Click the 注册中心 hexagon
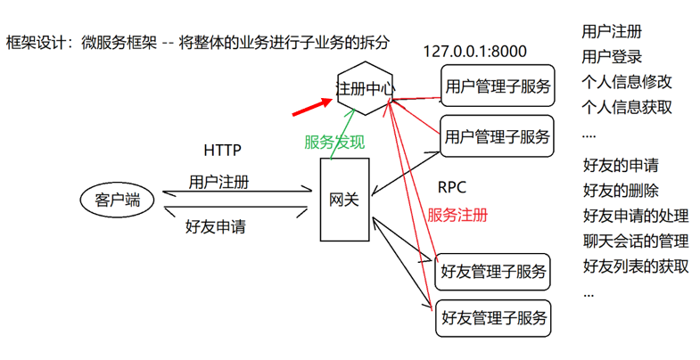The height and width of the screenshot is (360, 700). click(x=365, y=89)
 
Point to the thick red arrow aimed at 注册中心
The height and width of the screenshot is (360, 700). click(x=309, y=108)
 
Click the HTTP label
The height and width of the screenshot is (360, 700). click(x=222, y=150)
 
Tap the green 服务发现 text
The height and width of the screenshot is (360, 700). click(x=334, y=142)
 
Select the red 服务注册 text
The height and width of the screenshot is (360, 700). click(x=457, y=215)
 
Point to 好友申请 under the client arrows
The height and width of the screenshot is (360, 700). click(x=215, y=226)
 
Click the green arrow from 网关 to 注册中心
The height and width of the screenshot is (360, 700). click(x=339, y=134)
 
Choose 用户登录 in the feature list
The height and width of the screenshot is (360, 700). click(x=611, y=57)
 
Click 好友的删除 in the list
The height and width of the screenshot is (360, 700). click(x=620, y=190)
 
